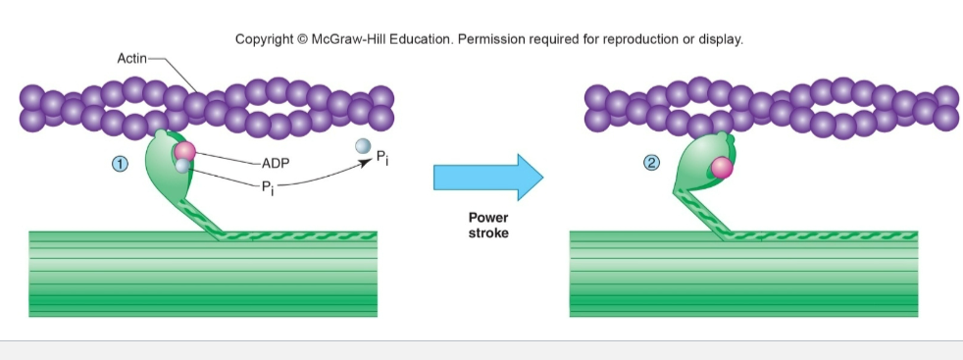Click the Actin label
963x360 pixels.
pyautogui.click(x=131, y=59)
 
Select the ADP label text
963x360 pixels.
pyautogui.click(x=276, y=164)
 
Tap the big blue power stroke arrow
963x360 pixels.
pyautogui.click(x=488, y=177)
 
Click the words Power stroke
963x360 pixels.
pyautogui.click(x=488, y=226)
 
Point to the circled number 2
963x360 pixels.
pyautogui.click(x=652, y=163)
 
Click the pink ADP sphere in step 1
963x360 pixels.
pyautogui.click(x=185, y=151)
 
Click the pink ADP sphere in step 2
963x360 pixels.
pyautogui.click(x=722, y=168)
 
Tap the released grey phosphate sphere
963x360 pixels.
pyautogui.click(x=363, y=146)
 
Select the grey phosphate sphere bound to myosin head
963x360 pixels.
pyautogui.click(x=182, y=166)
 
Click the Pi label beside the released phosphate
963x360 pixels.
pyautogui.click(x=382, y=158)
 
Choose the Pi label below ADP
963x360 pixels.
pyautogui.click(x=268, y=188)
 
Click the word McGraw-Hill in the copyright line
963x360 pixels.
pyautogui.click(x=349, y=40)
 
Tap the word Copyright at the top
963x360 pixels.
pyautogui.click(x=265, y=40)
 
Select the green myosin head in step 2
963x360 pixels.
pyautogui.click(x=703, y=161)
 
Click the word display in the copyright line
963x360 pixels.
pyautogui.click(x=722, y=40)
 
